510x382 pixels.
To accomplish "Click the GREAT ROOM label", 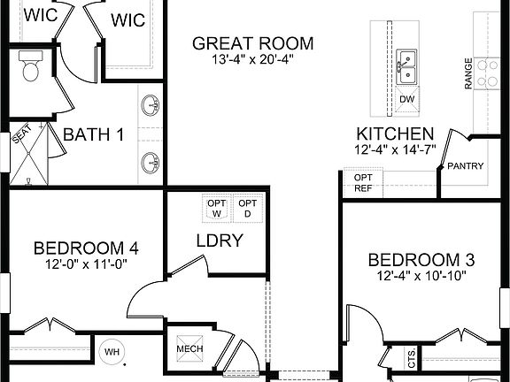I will point(253,43).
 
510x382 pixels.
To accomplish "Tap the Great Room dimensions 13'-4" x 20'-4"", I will point(253,60).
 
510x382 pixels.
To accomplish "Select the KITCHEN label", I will point(395,134).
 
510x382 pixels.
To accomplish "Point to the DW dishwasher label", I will point(406,99).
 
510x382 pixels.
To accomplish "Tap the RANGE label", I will point(468,74).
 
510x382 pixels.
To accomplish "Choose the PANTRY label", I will point(464,165).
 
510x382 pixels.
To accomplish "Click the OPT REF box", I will point(363,182).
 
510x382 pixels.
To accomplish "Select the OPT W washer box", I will point(217,209).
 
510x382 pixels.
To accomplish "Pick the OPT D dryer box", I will point(248,209).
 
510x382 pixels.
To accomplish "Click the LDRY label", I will point(220,241).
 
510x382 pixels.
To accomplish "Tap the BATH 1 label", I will point(93,136).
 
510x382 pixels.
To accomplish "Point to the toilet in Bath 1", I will point(31,67).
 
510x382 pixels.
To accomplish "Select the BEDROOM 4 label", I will point(86,248).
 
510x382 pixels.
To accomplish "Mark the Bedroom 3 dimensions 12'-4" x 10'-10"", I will point(421,275).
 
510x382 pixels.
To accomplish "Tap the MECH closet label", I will point(189,348).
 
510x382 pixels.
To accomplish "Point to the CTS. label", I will point(413,359).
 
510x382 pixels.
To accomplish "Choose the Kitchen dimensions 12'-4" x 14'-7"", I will point(395,150).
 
